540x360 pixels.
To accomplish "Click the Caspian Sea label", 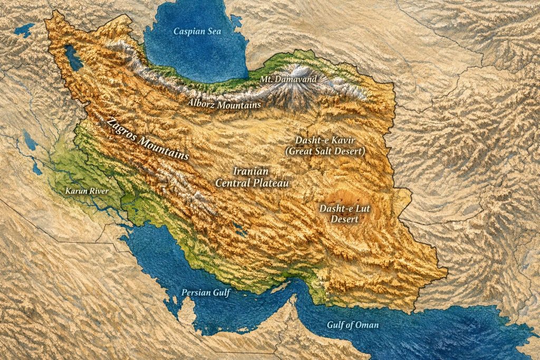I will (197, 32).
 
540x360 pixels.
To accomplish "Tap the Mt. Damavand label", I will (289, 80).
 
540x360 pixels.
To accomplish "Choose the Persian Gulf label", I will (206, 293).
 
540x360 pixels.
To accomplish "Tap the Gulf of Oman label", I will (351, 325).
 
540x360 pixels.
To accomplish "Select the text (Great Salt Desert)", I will (325, 152).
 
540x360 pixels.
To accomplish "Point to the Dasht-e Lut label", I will (345, 209).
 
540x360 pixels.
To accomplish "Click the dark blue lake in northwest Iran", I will (73, 58).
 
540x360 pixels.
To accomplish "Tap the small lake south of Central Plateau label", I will (240, 230).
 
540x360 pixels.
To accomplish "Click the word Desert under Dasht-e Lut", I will (345, 219).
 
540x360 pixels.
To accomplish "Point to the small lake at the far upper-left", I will (24, 29).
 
